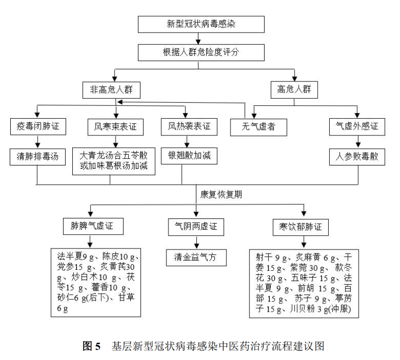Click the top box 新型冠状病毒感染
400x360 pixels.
(x=201, y=24)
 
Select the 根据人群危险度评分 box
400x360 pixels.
(x=201, y=52)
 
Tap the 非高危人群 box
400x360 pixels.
(x=111, y=90)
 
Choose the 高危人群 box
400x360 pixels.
(x=294, y=90)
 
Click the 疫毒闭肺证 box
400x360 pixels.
(x=38, y=127)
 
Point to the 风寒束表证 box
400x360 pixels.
(x=116, y=127)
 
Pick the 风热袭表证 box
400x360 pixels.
(x=189, y=127)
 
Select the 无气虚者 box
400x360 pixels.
(x=259, y=127)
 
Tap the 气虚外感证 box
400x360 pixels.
(x=357, y=127)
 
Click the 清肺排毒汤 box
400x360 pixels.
(x=38, y=157)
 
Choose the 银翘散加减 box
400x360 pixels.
(x=189, y=156)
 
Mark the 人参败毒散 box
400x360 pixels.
(x=357, y=157)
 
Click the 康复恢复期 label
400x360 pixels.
(x=221, y=195)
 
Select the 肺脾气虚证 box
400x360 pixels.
(x=93, y=226)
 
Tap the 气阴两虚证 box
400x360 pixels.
(x=196, y=227)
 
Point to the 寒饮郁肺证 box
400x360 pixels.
(x=301, y=227)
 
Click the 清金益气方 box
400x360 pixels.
(x=196, y=258)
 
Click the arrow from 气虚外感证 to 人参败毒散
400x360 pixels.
(x=358, y=142)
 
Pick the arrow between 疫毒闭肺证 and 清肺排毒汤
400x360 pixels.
(x=38, y=142)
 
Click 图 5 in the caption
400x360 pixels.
(x=92, y=346)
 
